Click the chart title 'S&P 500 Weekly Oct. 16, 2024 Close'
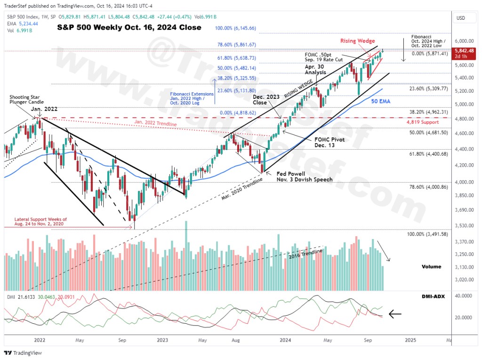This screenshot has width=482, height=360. pyautogui.click(x=129, y=28)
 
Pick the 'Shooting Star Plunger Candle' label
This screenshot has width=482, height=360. pyautogui.click(x=26, y=99)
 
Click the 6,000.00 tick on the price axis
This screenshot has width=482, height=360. pyautogui.click(x=464, y=41)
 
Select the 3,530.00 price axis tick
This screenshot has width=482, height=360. pyautogui.click(x=464, y=226)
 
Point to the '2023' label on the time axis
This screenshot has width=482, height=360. pyautogui.click(x=162, y=339)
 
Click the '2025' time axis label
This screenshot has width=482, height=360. pyautogui.click(x=410, y=339)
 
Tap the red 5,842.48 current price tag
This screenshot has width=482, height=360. pyautogui.click(x=464, y=50)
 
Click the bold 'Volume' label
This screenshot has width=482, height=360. pyautogui.click(x=431, y=267)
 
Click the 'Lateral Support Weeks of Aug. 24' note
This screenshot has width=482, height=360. pyautogui.click(x=40, y=222)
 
